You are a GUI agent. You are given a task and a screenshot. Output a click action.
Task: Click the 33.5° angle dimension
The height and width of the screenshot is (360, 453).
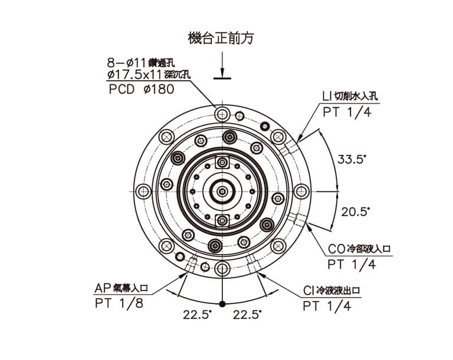(352, 159)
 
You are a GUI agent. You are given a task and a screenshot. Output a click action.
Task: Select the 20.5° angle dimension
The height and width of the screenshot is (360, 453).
(354, 211)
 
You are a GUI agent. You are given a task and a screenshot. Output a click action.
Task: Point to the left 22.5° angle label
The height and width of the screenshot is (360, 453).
(197, 315)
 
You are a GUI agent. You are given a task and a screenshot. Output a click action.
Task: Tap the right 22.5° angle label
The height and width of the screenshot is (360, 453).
(247, 315)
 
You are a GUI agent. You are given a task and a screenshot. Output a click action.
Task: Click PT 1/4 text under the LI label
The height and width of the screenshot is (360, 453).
(347, 113)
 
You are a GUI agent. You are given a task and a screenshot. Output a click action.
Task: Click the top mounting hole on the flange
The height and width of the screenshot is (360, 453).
(222, 113)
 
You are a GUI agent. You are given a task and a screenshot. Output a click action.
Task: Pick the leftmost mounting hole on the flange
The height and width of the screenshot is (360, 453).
(143, 191)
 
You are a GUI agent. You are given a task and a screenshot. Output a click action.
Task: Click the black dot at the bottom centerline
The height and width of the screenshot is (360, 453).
(222, 304)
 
